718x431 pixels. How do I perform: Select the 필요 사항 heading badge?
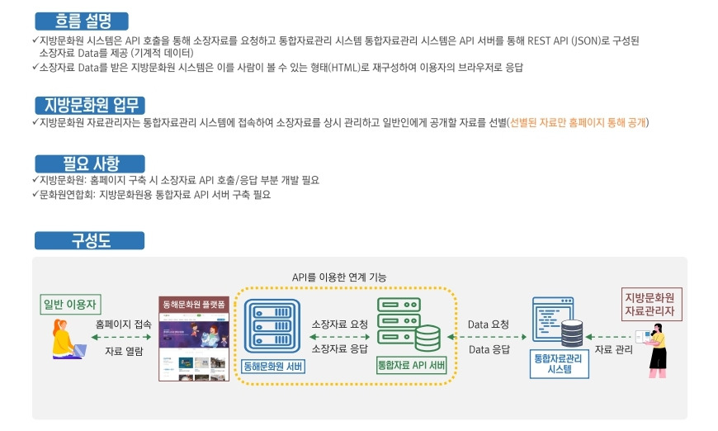pos(89,163)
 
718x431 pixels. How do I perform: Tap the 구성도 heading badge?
pos(89,240)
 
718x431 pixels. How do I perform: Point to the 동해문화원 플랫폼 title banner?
pos(194,303)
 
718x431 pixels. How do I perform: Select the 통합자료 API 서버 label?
pos(411,365)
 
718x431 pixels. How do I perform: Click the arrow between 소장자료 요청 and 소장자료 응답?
pos(339,336)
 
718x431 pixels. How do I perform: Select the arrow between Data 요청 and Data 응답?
pos(489,337)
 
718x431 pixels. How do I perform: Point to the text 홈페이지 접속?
pos(123,324)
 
